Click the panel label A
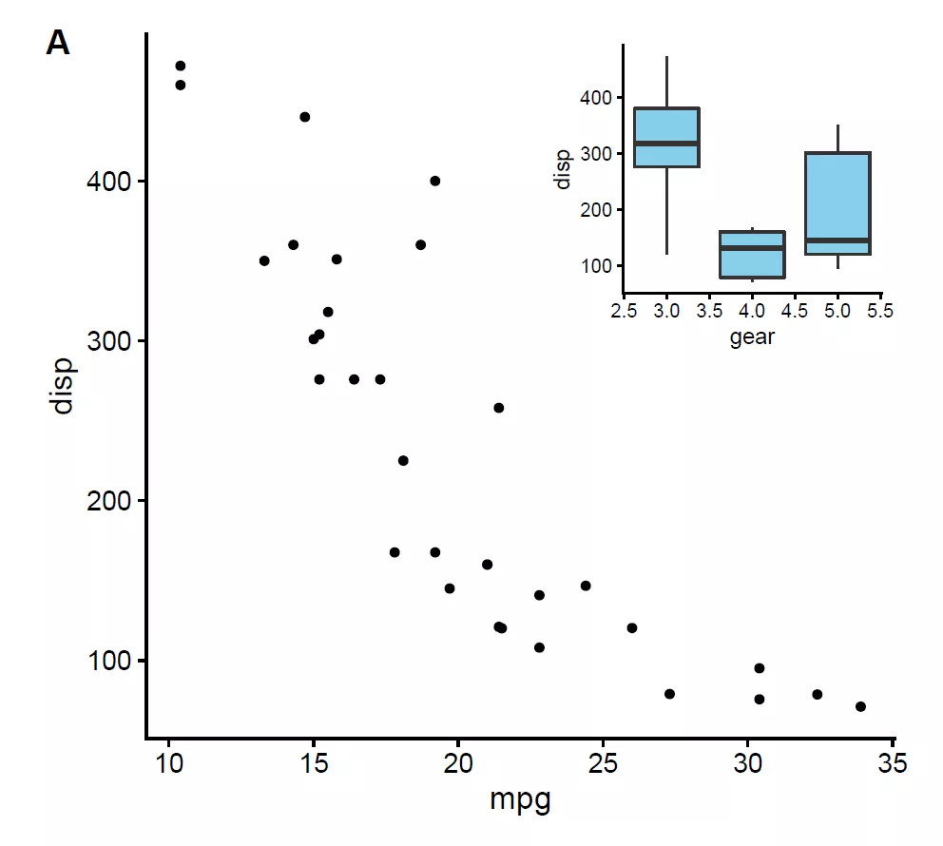click(58, 44)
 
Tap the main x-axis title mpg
click(520, 800)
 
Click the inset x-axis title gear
click(752, 337)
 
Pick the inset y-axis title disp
click(564, 170)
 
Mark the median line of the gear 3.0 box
click(666, 144)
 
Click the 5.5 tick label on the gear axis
click(880, 311)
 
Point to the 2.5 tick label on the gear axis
click(624, 311)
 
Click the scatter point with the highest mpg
click(860, 706)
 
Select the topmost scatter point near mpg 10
click(181, 66)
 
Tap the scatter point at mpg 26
click(632, 628)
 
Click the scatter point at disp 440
click(305, 117)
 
